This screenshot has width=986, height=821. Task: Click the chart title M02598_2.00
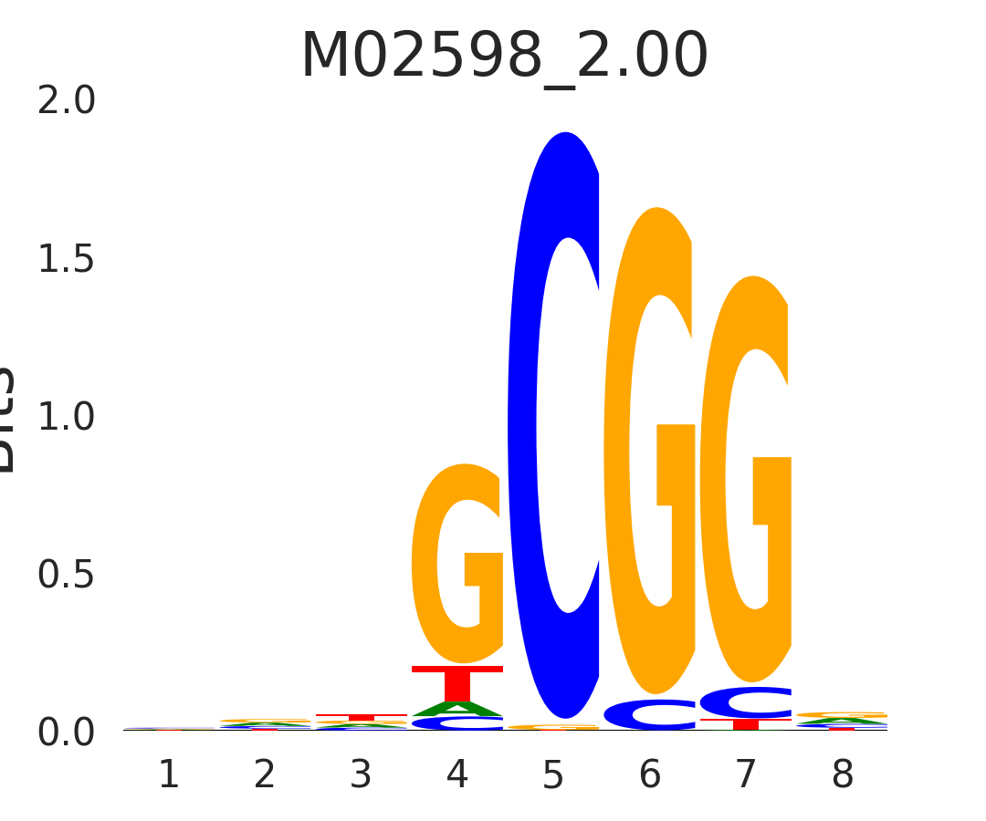click(x=504, y=57)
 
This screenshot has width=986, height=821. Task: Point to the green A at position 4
click(x=457, y=709)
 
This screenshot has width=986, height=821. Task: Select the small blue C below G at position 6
click(x=650, y=714)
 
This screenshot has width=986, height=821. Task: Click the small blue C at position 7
click(x=746, y=702)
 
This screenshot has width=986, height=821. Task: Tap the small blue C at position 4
click(x=457, y=723)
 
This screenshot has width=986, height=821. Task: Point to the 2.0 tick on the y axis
click(x=67, y=101)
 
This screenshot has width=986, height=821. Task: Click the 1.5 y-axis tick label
click(x=67, y=260)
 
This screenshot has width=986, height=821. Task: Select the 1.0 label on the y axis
click(x=67, y=417)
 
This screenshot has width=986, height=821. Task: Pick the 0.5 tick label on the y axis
click(x=67, y=575)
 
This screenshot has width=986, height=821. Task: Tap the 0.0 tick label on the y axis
click(x=67, y=733)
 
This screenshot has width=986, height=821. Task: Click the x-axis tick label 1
click(x=169, y=775)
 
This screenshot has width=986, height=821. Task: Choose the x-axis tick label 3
click(x=361, y=775)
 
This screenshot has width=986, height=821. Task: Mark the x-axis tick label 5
click(x=553, y=775)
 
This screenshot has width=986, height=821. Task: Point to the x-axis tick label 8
click(x=842, y=775)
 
